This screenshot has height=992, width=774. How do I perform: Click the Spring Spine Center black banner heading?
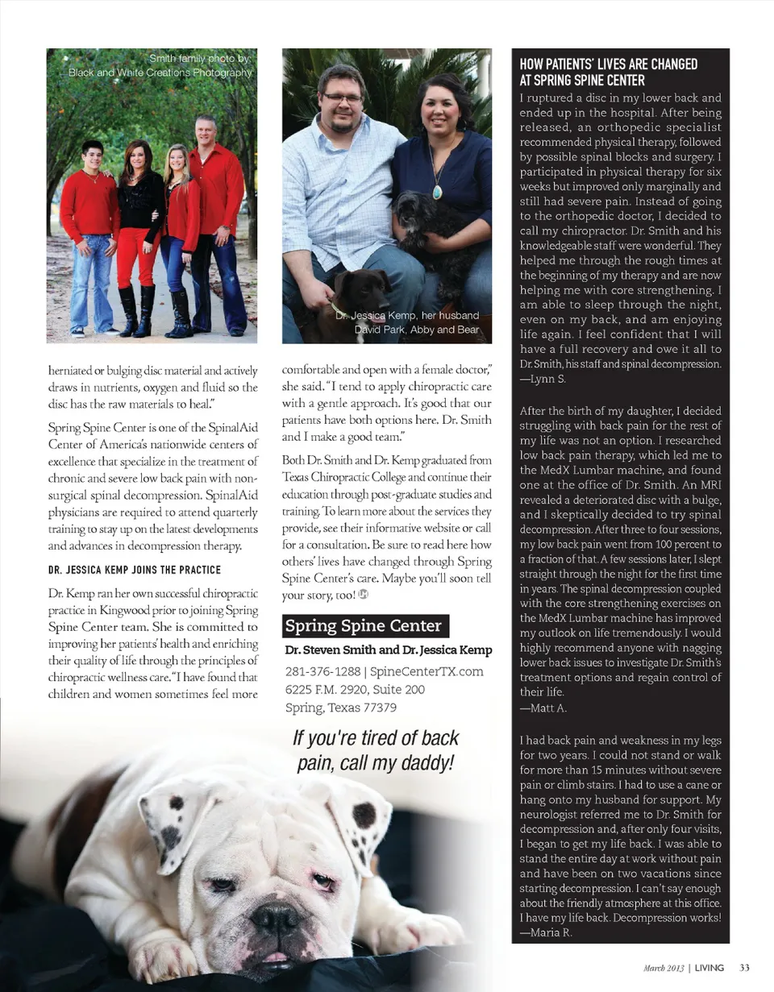pos(364,626)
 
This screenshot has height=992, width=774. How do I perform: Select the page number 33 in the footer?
pos(745,967)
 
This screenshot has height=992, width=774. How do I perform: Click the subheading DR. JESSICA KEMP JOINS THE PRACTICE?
pos(135,571)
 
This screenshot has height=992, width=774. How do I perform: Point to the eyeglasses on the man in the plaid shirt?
pos(343,98)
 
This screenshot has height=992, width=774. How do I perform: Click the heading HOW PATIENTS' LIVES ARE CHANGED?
pos(609,64)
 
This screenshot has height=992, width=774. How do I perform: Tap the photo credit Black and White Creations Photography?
pos(161,73)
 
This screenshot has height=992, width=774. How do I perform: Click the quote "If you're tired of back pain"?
pos(376,749)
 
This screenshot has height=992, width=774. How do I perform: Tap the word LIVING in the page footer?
pos(710,967)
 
